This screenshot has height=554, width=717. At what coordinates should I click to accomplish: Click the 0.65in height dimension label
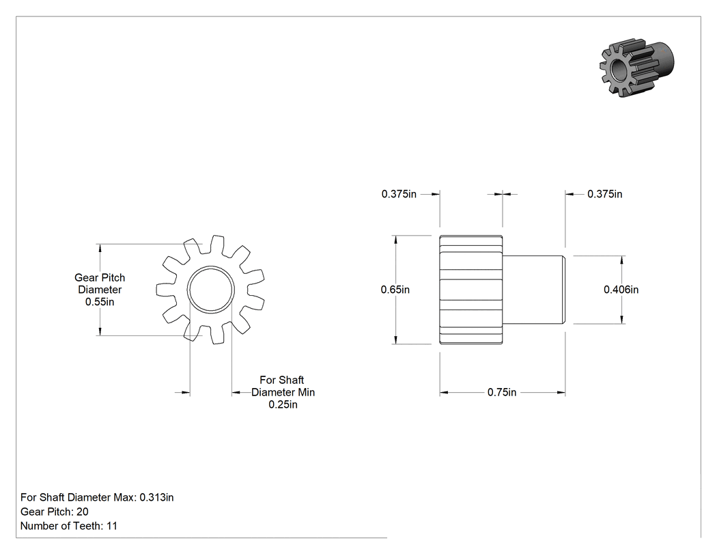395,290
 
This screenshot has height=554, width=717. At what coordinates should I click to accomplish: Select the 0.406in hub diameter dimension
621,290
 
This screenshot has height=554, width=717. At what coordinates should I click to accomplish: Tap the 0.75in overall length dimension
502,393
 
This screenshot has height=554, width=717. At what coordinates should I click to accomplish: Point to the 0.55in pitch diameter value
100,302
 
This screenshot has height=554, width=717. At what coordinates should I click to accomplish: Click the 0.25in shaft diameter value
283,404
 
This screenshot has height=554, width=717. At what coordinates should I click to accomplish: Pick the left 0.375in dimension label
399,194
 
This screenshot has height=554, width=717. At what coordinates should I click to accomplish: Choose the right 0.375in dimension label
604,194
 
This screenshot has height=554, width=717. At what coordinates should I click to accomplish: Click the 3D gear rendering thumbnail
636,67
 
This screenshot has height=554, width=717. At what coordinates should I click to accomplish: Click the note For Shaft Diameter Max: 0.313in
97,497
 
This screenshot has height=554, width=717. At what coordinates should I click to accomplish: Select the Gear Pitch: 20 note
55,512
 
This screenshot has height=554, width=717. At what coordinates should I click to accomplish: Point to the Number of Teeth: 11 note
68,526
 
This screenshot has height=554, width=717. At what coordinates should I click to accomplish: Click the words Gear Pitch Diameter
100,283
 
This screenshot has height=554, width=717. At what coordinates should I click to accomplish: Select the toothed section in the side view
471,290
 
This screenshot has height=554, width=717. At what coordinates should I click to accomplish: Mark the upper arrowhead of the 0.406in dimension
622,260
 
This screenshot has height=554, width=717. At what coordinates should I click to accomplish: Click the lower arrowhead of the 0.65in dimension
395,340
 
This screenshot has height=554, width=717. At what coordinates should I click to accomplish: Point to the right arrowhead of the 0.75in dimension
561,393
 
